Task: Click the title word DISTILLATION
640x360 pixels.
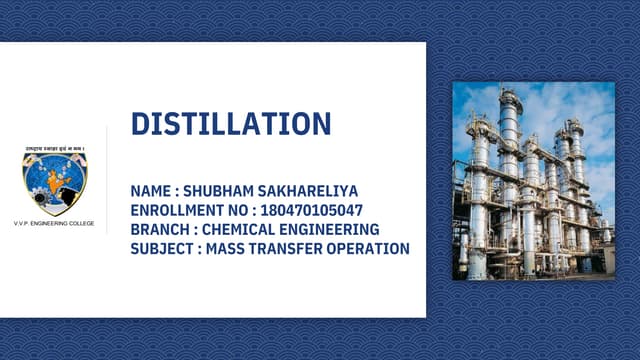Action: [x=231, y=124]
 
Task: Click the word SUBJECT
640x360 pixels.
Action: [x=161, y=248]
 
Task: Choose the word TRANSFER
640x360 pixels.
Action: [x=291, y=248]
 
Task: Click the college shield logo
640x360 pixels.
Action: [x=55, y=183]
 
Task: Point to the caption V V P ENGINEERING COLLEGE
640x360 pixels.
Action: [x=54, y=223]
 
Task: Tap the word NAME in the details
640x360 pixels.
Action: [x=151, y=191]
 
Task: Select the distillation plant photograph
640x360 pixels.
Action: [x=533, y=180]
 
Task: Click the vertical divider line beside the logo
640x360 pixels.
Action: [x=107, y=180]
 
